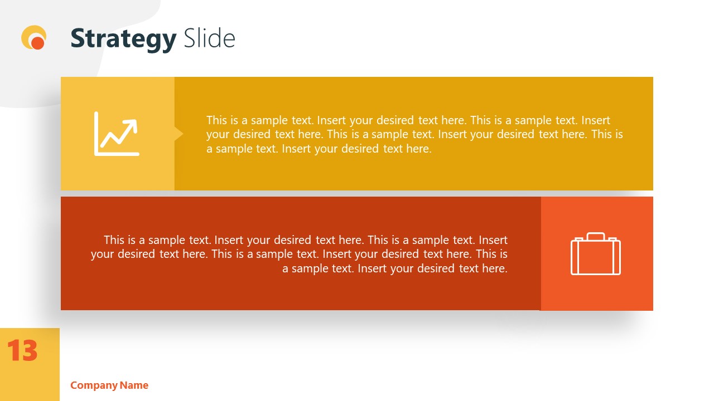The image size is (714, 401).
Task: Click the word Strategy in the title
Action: click(x=123, y=38)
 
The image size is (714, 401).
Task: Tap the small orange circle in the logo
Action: click(x=37, y=42)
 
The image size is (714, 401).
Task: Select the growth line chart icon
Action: click(x=117, y=134)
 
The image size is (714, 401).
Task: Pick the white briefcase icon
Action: click(x=595, y=254)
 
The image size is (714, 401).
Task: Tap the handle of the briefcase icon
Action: click(x=595, y=236)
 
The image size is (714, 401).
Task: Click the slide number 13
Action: click(x=22, y=351)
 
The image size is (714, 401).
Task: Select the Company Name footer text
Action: click(x=109, y=385)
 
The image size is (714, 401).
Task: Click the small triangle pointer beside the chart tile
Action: click(x=178, y=134)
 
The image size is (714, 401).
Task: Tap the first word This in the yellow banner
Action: click(x=217, y=120)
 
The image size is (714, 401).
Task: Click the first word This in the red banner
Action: click(x=114, y=240)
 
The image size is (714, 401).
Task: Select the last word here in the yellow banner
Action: click(x=419, y=149)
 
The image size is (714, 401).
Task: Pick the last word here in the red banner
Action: click(x=495, y=268)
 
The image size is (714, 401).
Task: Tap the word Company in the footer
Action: click(x=94, y=385)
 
